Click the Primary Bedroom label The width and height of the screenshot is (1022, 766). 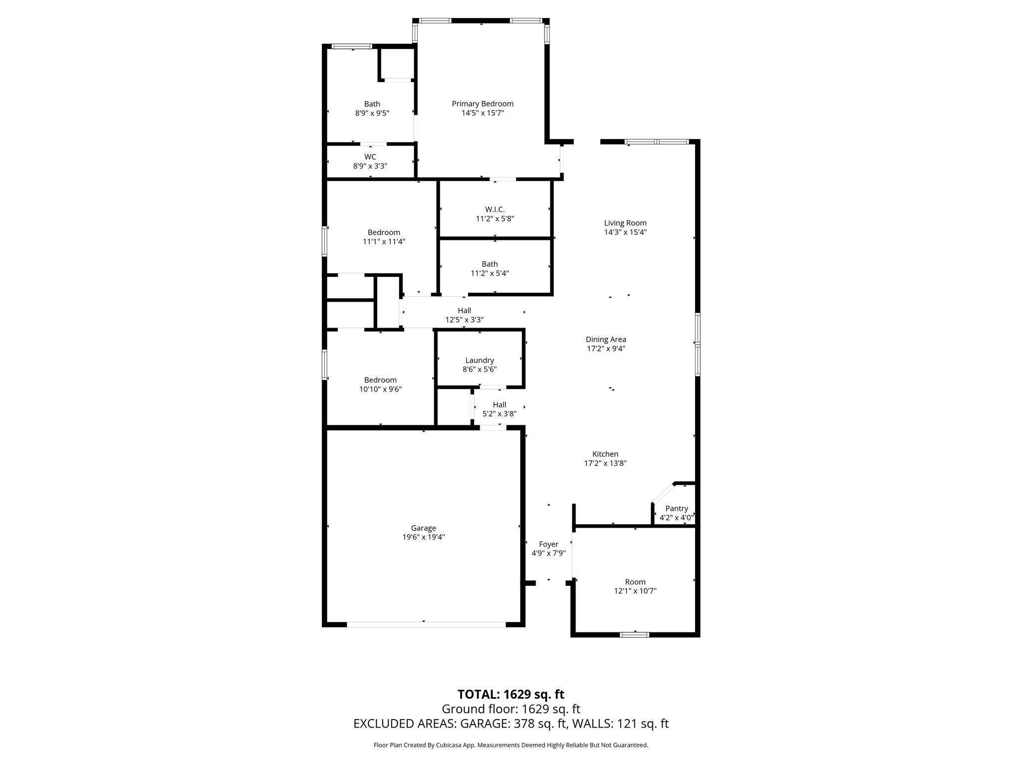coord(482,104)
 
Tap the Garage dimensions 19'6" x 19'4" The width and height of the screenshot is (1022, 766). coord(423,537)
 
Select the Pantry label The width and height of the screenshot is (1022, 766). coord(676,508)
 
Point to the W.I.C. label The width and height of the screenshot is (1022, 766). coord(495,209)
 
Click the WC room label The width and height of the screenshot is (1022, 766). coord(370,157)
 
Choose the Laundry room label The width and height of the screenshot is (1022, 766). coord(479,360)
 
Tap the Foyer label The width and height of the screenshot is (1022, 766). coord(548,544)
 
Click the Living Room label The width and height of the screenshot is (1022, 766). coord(625,223)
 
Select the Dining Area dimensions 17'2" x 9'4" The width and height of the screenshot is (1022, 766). coord(605,349)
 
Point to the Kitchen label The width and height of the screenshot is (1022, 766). coord(605,454)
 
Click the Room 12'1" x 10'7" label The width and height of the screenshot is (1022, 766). coord(635,582)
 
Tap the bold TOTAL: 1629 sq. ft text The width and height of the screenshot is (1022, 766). coord(511,694)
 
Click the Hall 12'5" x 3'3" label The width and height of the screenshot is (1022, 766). coord(464,310)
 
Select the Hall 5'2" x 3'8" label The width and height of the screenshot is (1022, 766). coord(499,404)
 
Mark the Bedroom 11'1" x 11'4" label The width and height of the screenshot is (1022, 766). coord(384,232)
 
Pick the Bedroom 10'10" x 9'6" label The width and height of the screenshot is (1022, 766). coord(380,380)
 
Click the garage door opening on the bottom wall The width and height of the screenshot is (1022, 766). coord(425,624)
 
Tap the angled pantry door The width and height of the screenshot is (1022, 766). coord(663,493)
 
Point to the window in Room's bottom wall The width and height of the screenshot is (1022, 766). coord(634,634)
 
